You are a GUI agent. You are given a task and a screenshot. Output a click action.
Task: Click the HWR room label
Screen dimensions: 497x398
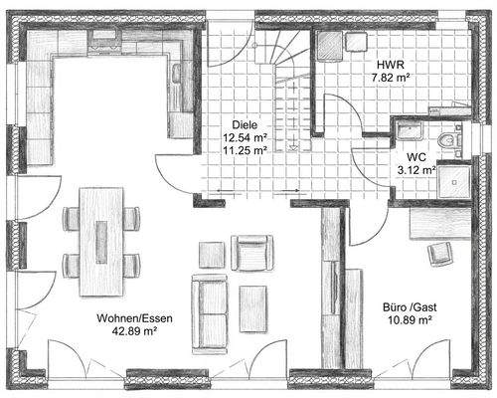[391, 65]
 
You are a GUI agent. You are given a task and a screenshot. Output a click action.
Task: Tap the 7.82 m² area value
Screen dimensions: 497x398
[391, 78]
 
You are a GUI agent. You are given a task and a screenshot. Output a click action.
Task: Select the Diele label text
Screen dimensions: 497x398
[245, 125]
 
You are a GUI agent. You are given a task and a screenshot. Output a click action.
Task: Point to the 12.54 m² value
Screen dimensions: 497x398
[246, 137]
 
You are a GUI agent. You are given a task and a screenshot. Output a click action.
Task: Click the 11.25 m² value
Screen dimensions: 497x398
[246, 150]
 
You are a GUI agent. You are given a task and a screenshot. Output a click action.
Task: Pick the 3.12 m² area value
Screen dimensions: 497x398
[416, 170]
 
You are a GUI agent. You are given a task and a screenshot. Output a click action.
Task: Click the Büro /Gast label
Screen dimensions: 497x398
[410, 307]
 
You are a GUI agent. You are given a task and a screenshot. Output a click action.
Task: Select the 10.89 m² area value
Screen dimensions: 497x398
[410, 320]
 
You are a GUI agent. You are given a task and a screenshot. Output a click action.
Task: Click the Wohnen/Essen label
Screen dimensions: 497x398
[134, 318]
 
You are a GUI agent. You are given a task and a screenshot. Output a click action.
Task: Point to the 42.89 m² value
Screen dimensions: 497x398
[134, 331]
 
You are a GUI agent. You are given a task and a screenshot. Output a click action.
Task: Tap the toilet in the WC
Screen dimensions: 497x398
[450, 140]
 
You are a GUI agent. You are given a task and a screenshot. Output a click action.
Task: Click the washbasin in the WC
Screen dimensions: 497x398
[410, 129]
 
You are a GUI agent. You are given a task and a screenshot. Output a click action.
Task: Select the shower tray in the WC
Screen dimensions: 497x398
[454, 181]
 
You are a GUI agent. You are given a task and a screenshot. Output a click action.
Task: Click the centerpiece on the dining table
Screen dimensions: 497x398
[101, 242]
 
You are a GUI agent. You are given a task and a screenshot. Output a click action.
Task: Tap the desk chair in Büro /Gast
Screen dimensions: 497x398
[440, 254]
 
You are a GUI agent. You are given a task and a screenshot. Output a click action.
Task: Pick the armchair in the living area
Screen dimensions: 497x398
[252, 253]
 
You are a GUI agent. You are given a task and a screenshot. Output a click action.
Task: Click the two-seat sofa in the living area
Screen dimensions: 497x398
[210, 314]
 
